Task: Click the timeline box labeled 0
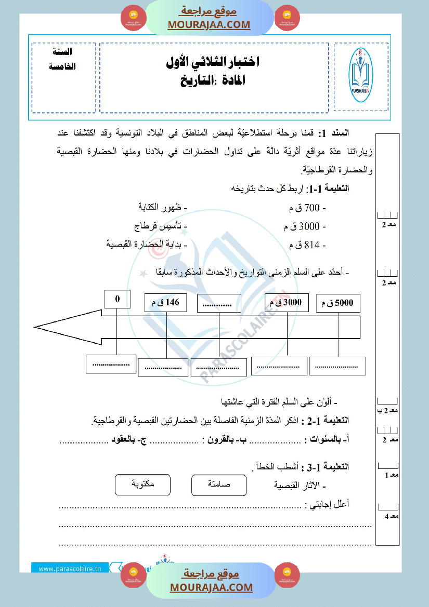117,299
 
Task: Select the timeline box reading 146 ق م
165,303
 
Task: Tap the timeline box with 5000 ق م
338,303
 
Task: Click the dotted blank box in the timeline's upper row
219,304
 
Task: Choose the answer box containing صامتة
218,484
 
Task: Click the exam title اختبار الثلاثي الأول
214,62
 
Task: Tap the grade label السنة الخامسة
63,60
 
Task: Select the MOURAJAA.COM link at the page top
209,24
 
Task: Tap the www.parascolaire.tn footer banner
70,568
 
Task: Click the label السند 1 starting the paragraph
339,133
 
